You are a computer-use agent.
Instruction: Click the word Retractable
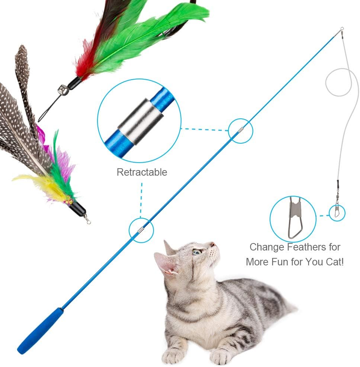pos(142,172)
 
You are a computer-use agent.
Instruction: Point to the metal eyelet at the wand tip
pos(341,29)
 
